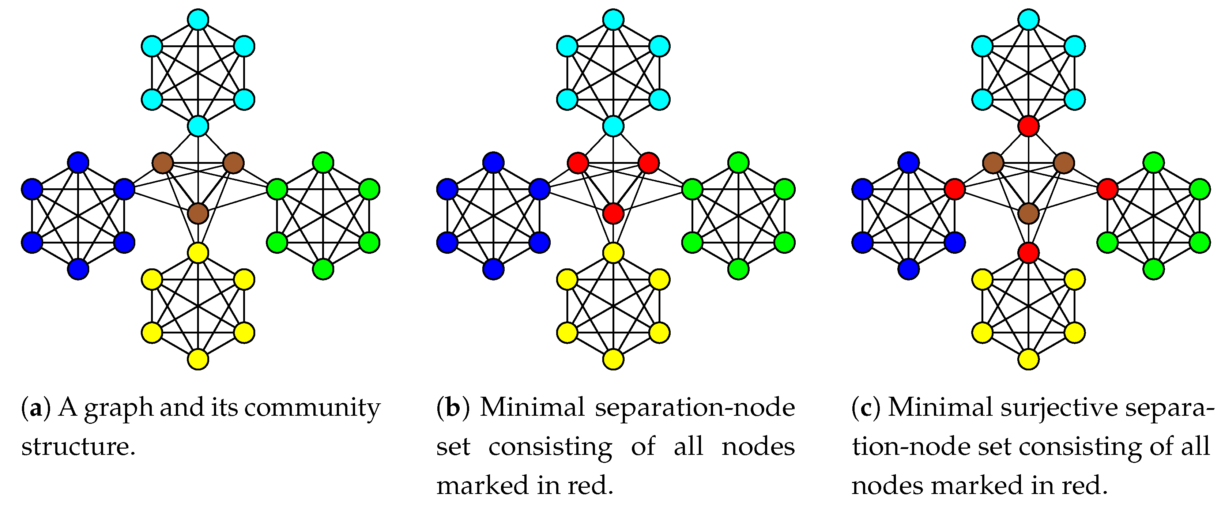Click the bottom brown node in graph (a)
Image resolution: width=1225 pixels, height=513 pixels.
point(198,214)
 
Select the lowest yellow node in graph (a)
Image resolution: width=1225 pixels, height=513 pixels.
point(198,359)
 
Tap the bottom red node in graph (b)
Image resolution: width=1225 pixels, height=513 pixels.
point(613,214)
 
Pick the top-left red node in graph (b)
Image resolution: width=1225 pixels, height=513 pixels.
point(578,163)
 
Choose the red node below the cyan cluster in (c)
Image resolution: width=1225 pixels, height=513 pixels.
point(1028,127)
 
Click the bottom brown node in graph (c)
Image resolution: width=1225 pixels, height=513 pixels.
point(1028,214)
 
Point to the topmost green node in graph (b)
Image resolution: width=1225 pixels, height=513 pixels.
point(738,163)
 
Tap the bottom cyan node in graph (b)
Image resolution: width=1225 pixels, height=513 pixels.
point(613,127)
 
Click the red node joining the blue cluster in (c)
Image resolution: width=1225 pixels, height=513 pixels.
point(954,189)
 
